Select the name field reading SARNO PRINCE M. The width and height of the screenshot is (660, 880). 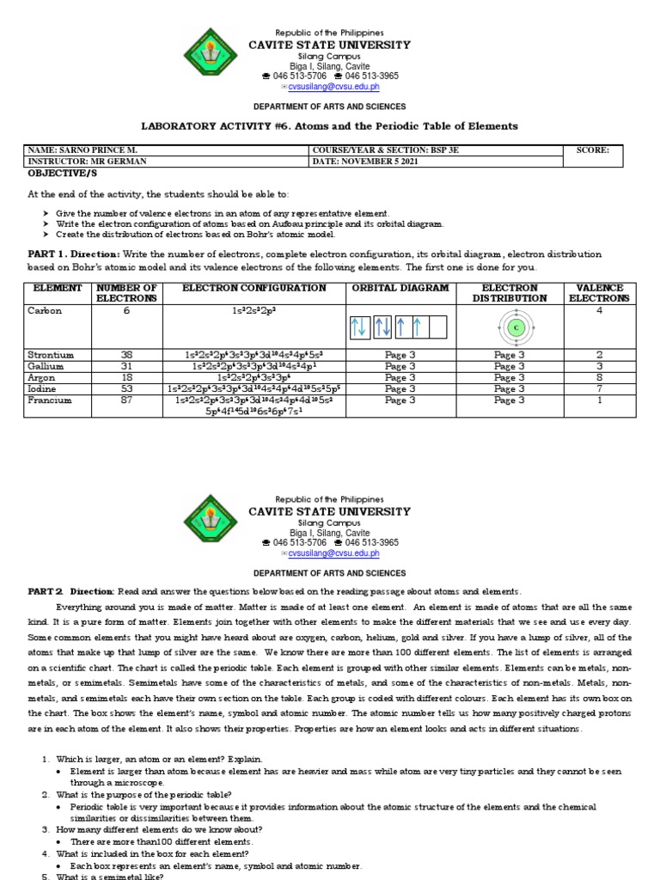point(96,150)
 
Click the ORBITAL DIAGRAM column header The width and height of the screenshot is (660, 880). point(400,288)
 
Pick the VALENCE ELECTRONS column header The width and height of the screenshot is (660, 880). point(599,293)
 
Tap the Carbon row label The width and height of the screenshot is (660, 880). point(45,311)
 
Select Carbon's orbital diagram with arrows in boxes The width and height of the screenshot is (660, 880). point(399,327)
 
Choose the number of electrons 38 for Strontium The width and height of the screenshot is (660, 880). point(126,355)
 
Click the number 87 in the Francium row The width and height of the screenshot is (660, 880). point(126,400)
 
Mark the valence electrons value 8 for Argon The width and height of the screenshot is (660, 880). point(599,377)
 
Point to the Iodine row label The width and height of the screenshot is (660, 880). point(43,388)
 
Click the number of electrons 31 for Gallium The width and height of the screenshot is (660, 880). point(126,366)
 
